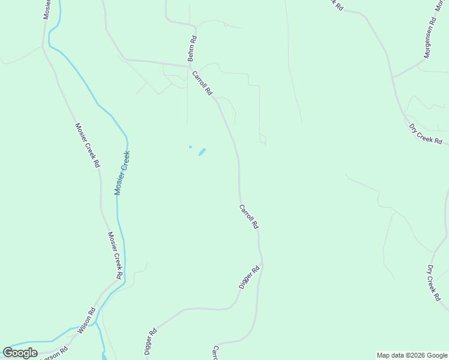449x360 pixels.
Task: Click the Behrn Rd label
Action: tap(192, 49)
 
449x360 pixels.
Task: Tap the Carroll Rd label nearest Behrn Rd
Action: tap(202, 83)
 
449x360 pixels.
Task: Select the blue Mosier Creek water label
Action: tap(122, 172)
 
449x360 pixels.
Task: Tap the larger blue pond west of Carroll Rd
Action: tap(202, 152)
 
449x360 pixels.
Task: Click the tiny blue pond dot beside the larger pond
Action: tap(190, 146)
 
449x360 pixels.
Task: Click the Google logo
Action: tap(20, 352)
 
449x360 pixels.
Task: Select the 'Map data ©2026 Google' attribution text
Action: tap(412, 355)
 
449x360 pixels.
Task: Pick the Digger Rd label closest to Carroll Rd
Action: tap(249, 278)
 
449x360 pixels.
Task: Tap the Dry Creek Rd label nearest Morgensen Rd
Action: tap(426, 134)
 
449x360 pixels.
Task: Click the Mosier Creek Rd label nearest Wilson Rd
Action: tap(115, 255)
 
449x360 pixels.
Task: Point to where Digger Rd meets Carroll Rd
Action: tap(261, 263)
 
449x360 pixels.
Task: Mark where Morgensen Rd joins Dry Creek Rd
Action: tap(393, 77)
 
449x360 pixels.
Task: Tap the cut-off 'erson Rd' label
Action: tap(51, 355)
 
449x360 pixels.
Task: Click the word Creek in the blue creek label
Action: tap(125, 160)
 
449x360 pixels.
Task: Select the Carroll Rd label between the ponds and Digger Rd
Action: tap(249, 217)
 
